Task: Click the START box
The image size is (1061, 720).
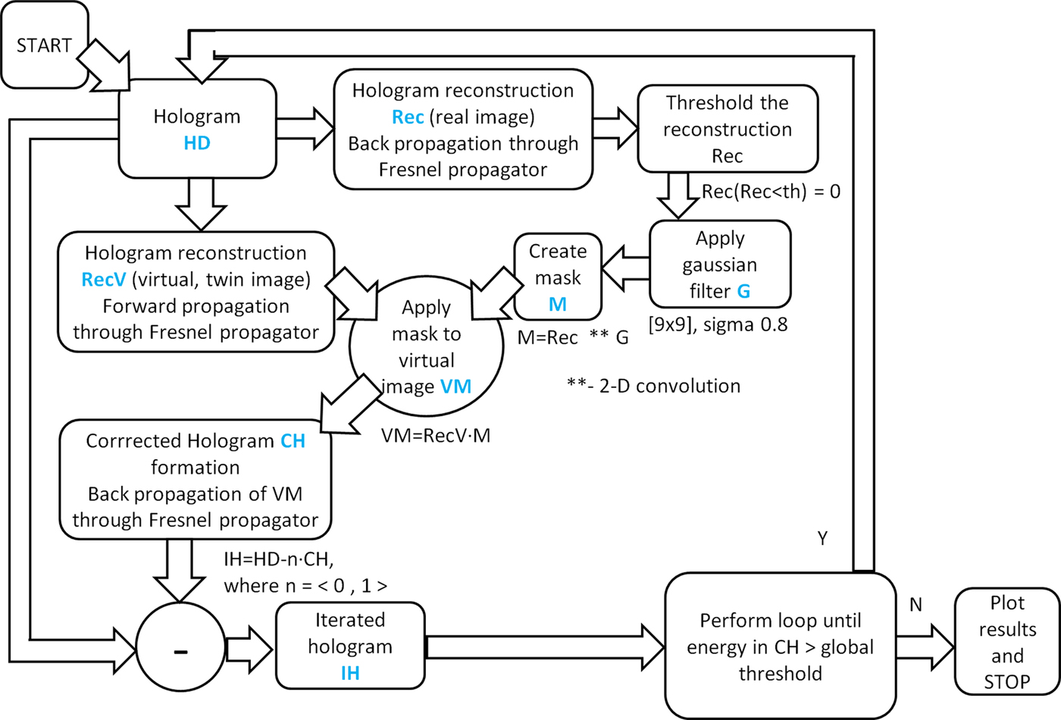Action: coord(45,45)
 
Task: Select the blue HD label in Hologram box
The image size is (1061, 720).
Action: coord(197,143)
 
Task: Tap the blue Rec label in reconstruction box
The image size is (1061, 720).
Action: coord(408,117)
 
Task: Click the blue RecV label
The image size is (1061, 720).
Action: coord(103,280)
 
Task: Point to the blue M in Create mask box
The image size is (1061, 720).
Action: coord(558,305)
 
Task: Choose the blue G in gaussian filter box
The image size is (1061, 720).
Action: coord(743,291)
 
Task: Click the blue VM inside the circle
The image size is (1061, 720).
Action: coord(455,387)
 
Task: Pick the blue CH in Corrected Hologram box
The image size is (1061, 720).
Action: coord(293,441)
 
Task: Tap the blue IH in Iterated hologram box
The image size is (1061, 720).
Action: coord(350,673)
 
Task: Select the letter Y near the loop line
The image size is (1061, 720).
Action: coord(822,539)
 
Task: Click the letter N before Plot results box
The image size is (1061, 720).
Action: coord(915,605)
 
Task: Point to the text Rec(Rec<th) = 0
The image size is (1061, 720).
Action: coord(771,192)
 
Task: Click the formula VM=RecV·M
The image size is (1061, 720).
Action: coord(435,436)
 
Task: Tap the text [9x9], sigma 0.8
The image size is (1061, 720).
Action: coord(718,325)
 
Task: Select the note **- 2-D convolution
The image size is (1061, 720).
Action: coord(653,386)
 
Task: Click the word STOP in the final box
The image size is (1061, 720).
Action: coord(1006,682)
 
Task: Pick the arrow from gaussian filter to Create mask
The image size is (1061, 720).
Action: coord(626,268)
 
